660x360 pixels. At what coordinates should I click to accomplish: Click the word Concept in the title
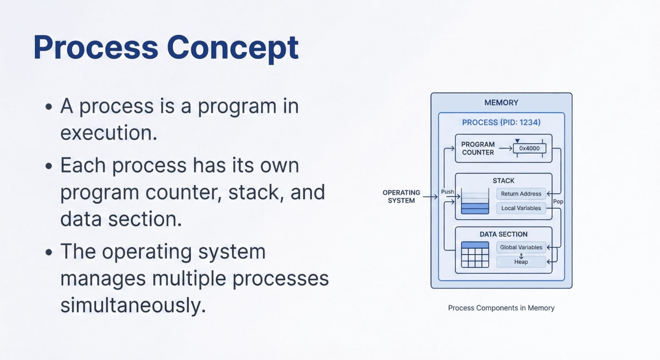click(x=232, y=47)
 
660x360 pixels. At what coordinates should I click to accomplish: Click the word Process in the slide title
click(x=96, y=47)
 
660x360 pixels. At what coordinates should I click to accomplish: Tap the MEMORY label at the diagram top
click(x=501, y=103)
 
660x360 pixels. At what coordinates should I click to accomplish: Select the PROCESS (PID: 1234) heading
click(x=501, y=123)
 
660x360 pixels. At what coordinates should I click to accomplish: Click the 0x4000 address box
click(x=529, y=148)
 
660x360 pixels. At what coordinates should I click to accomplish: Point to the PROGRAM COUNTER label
click(x=478, y=148)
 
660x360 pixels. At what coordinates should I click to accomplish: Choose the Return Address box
click(x=521, y=194)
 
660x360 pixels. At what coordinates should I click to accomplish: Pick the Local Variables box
click(x=521, y=208)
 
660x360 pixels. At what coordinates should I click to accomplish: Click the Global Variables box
click(x=521, y=247)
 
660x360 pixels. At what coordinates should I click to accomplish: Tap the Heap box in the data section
click(x=521, y=262)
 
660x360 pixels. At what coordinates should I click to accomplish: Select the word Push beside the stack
click(x=447, y=192)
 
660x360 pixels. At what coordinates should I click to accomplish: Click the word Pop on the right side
click(x=558, y=201)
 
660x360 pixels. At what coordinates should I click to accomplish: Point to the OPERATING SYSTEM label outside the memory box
click(x=401, y=196)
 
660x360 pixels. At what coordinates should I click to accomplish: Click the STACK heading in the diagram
click(x=503, y=180)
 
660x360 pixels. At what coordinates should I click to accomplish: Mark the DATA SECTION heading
click(x=503, y=234)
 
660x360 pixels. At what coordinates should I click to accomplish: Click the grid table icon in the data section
click(x=475, y=254)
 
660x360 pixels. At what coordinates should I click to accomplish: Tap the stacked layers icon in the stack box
click(x=475, y=202)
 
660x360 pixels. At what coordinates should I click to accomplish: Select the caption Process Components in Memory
click(x=501, y=308)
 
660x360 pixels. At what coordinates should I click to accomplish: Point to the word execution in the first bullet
click(x=108, y=133)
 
